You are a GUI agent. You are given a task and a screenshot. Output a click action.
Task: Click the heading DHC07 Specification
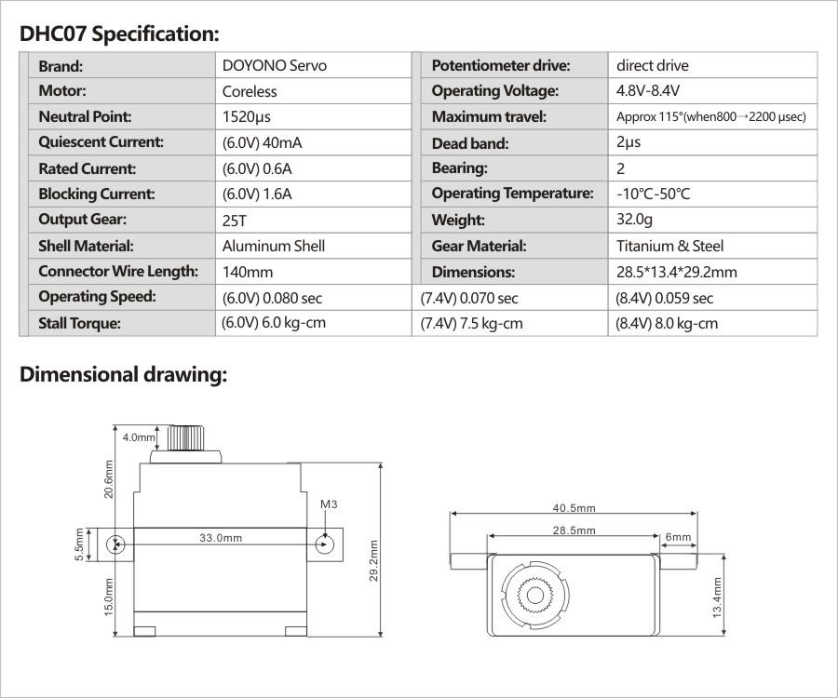119,34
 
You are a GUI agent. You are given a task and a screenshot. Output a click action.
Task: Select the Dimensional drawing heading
123,375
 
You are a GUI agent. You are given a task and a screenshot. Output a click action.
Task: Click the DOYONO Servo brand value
275,66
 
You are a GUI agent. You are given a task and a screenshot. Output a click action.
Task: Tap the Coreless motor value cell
250,92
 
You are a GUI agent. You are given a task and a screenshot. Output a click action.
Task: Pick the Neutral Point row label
85,117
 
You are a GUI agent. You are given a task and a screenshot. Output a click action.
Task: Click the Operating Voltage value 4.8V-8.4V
648,92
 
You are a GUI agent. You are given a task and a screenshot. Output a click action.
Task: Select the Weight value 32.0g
634,221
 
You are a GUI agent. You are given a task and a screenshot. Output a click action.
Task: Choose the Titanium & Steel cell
669,247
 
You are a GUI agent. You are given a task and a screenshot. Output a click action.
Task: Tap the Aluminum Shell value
274,247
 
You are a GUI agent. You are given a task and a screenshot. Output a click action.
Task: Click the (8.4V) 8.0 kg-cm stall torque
667,324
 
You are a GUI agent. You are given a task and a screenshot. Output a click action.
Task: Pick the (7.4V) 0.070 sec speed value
469,299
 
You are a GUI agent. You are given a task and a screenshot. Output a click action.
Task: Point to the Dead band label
470,143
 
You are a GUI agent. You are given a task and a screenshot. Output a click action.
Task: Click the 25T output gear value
236,221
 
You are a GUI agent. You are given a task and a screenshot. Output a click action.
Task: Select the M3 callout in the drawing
327,504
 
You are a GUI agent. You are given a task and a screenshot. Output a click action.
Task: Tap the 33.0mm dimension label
221,538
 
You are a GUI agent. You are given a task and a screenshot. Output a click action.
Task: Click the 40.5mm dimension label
574,508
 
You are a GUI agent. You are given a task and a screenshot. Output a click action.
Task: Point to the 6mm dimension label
679,537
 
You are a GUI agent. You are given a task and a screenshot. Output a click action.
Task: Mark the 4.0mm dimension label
139,436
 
